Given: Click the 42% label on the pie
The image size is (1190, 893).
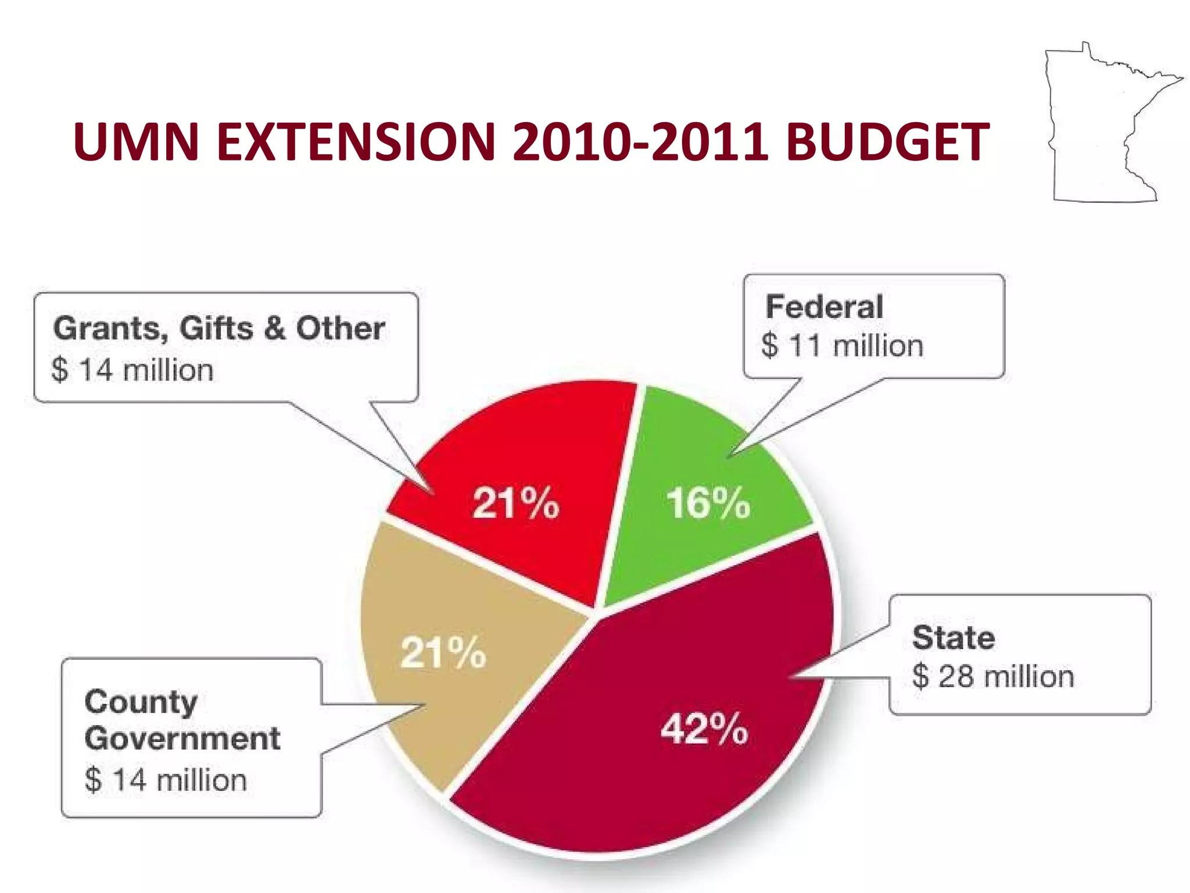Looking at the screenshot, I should [704, 728].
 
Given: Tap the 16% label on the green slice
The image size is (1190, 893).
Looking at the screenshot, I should [708, 503].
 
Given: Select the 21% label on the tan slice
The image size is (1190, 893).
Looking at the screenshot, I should [443, 652].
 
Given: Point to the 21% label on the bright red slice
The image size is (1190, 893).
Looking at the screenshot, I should [516, 503].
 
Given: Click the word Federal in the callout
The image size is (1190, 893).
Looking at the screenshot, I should [824, 306].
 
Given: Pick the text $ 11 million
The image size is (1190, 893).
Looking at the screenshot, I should [842, 346].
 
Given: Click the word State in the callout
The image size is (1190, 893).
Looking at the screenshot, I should [954, 637].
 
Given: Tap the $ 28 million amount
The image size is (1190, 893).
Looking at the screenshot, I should [993, 677].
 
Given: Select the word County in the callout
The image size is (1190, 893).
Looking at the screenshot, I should [141, 702].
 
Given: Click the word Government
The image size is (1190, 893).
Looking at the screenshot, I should [182, 739].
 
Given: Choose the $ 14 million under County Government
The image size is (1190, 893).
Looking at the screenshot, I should [166, 780].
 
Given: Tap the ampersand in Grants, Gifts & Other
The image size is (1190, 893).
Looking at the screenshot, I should [275, 328].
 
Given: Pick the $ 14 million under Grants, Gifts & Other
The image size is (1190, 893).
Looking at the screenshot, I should [132, 370].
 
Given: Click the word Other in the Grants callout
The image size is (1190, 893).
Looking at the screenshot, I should [340, 328].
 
